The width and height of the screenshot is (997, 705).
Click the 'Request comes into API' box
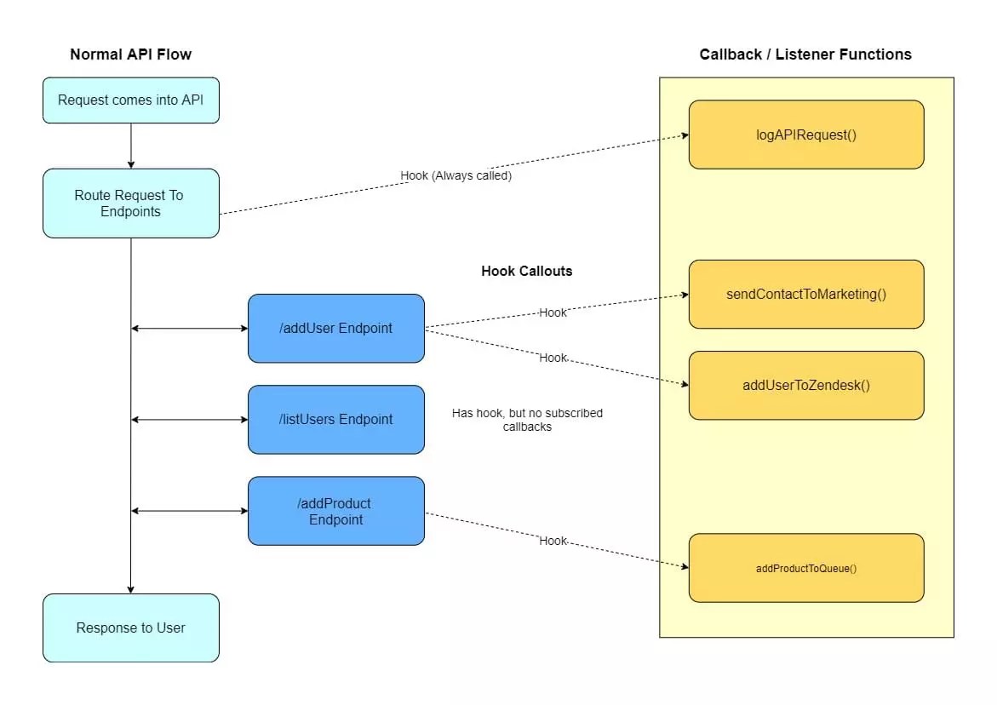point(131,100)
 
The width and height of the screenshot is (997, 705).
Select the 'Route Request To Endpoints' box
point(131,203)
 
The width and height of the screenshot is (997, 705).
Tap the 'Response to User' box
point(131,628)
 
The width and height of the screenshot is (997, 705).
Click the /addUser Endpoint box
point(336,329)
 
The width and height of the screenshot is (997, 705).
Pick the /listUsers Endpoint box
point(336,420)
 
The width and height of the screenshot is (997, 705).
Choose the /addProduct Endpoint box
point(336,511)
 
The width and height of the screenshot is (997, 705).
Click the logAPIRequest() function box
point(806,135)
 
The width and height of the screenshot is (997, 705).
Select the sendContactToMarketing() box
point(806,295)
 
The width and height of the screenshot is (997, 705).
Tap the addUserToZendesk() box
point(806,385)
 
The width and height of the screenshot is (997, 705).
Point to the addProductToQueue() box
point(806,568)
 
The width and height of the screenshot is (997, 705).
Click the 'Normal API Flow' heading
point(131,54)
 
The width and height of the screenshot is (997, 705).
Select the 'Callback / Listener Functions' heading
point(805,54)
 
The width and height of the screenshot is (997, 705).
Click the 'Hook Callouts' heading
point(527,272)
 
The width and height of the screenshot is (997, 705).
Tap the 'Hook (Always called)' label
point(456,176)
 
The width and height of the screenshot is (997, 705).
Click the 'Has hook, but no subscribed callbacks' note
point(527,420)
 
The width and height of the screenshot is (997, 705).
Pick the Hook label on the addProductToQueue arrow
point(553,541)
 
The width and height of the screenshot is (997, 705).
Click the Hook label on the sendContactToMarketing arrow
point(553,312)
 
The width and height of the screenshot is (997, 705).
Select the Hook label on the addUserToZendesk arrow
point(553,358)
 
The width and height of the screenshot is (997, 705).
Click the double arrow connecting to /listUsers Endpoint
point(189,420)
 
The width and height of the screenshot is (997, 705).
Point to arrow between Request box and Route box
point(131,146)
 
